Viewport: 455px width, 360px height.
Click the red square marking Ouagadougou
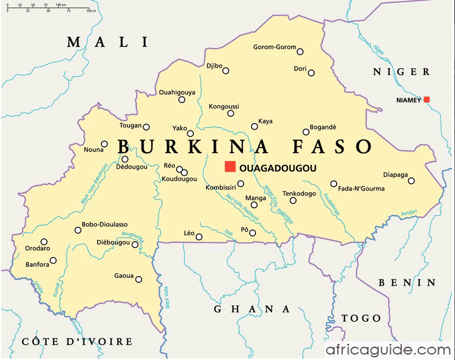(x=230, y=166)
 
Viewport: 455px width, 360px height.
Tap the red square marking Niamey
(x=427, y=100)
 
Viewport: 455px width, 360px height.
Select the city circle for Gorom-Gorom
(x=300, y=51)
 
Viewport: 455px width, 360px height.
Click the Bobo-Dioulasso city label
(x=104, y=224)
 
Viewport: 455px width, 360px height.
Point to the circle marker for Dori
(x=311, y=73)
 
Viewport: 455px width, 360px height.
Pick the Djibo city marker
(x=226, y=70)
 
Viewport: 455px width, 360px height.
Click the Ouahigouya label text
(x=177, y=92)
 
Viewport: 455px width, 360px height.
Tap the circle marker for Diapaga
(x=412, y=181)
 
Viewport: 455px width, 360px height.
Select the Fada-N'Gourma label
(x=361, y=189)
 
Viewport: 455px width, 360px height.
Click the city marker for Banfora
(x=54, y=260)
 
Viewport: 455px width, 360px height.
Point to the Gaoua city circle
(x=138, y=279)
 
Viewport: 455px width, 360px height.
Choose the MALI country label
(x=107, y=42)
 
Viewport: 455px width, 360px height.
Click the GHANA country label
(x=251, y=309)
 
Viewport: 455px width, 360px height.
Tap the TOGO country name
(x=361, y=319)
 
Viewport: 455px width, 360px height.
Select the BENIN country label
(x=407, y=282)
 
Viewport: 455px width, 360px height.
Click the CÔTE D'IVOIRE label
(x=77, y=342)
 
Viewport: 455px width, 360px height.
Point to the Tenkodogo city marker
(x=293, y=201)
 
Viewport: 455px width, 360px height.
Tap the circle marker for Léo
(x=199, y=237)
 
